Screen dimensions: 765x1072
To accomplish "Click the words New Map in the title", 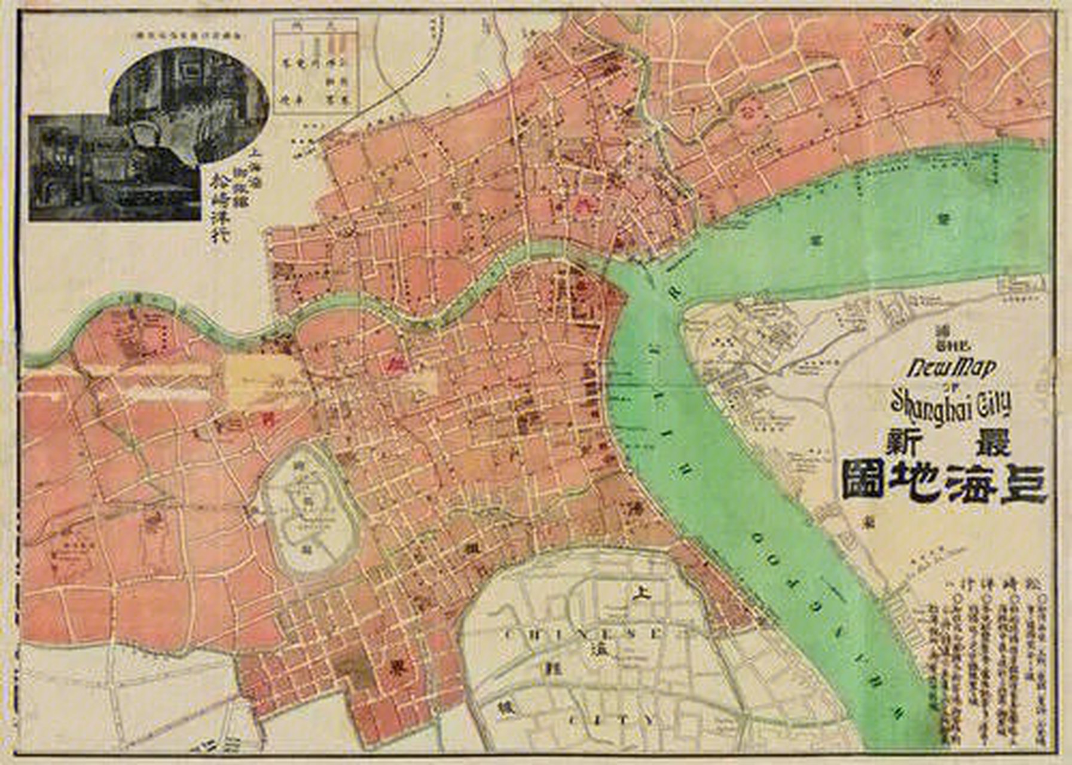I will click(951, 367).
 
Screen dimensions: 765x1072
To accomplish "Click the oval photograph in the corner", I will click(188, 102).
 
